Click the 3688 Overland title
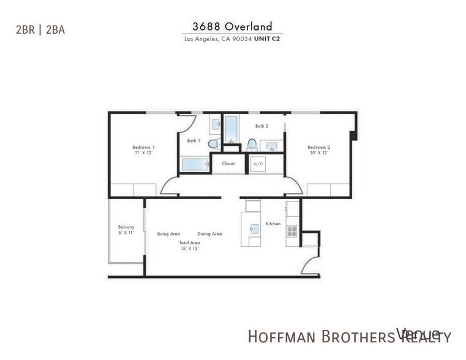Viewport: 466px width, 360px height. pos(233,26)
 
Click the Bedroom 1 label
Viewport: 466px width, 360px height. pos(143,147)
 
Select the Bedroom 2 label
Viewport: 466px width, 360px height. pos(318,147)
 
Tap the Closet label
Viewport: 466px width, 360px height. pos(228,163)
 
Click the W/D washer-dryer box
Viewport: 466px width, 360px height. pos(257,164)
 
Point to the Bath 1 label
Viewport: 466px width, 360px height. pos(194,141)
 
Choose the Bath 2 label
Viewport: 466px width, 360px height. pos(261,126)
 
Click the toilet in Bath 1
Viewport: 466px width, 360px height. pos(213,144)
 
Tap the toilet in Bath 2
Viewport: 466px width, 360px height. pos(252,144)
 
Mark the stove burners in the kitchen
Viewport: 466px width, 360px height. pos(291,231)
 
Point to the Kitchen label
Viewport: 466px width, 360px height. pos(273,223)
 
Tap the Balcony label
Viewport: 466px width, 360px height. pos(126,227)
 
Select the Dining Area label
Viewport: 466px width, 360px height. pos(209,234)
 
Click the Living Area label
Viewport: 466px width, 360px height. pos(168,234)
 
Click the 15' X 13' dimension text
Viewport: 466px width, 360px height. pos(190,249)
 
